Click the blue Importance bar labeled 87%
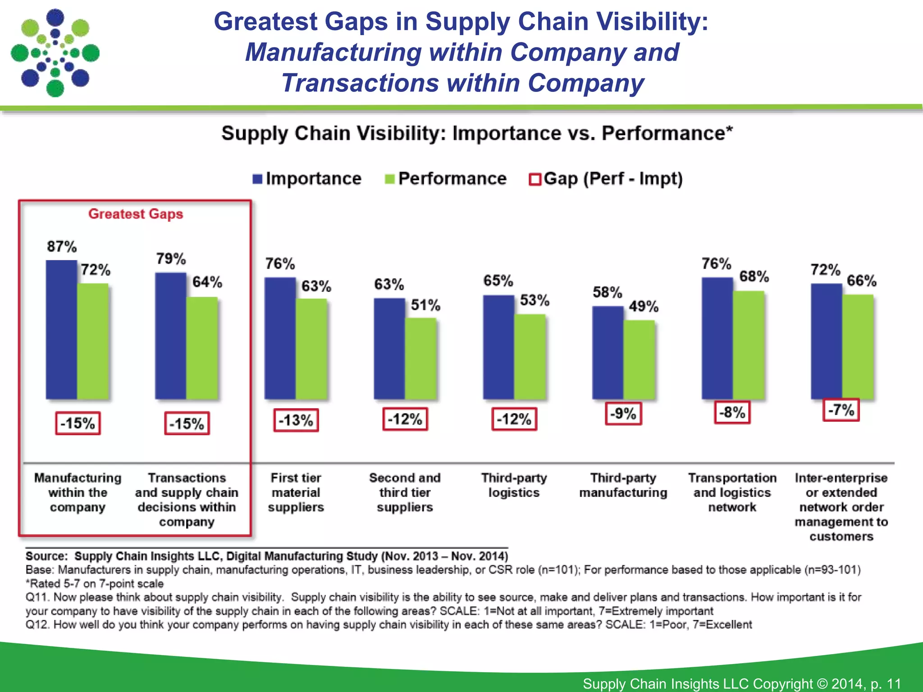[x=61, y=330]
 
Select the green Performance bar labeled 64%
[x=202, y=348]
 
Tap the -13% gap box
[x=296, y=420]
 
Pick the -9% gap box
[x=623, y=413]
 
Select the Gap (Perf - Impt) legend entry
[x=606, y=179]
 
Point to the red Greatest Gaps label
[x=136, y=214]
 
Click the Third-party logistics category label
[x=514, y=485]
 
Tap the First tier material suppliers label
[x=296, y=492]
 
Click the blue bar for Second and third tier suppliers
[x=389, y=349]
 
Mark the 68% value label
[x=754, y=276]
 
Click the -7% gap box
[x=841, y=410]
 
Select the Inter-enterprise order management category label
[x=841, y=507]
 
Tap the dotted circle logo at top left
[x=55, y=53]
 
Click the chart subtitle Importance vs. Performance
[x=477, y=133]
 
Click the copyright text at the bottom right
[x=741, y=683]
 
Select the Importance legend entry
[x=307, y=179]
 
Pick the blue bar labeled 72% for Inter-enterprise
[x=827, y=341]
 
